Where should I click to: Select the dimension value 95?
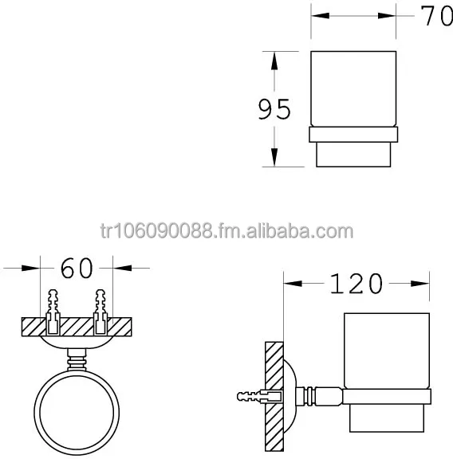[x=274, y=109]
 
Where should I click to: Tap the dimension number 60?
[x=77, y=269]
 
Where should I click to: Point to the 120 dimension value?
[x=356, y=283]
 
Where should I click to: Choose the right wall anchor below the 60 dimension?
[x=100, y=312]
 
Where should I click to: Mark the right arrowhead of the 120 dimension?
[x=423, y=282]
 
